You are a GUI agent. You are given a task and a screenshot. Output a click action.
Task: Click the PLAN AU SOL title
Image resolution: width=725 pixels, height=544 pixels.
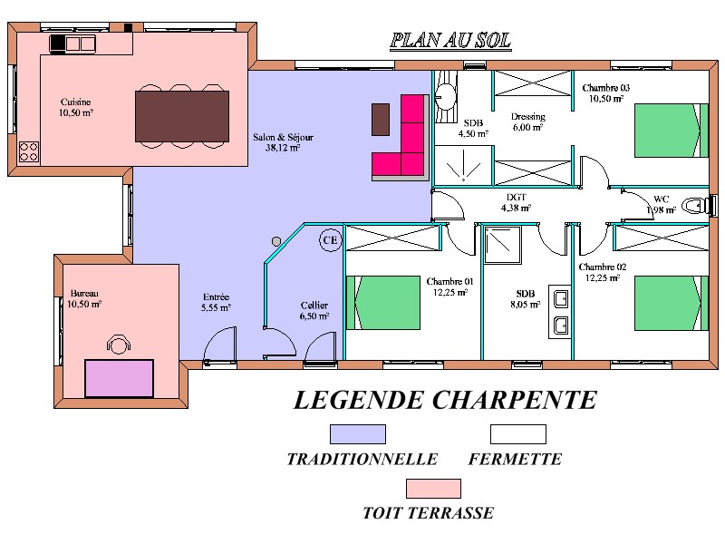tap(450, 41)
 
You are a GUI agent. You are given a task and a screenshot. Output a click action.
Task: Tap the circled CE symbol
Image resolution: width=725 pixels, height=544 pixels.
tap(330, 240)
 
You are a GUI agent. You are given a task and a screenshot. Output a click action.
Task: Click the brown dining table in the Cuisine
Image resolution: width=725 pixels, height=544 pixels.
tap(182, 116)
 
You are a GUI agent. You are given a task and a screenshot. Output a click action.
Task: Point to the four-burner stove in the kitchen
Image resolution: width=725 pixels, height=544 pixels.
tap(29, 152)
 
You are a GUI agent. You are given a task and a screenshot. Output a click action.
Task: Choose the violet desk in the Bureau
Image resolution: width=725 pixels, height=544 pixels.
tap(120, 378)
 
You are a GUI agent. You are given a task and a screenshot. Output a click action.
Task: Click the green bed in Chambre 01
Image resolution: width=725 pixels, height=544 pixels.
tap(383, 303)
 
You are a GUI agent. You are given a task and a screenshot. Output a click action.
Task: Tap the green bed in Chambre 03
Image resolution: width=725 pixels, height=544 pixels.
tap(672, 131)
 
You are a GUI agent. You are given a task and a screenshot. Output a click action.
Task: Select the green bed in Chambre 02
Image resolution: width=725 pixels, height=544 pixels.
tap(672, 303)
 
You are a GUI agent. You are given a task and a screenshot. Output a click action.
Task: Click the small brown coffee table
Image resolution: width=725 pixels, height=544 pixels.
tap(381, 120)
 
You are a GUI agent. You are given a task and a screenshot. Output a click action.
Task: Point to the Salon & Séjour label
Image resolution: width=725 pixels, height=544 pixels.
tap(283, 142)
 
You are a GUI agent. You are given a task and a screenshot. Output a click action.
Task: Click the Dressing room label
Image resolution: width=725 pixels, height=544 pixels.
tap(527, 121)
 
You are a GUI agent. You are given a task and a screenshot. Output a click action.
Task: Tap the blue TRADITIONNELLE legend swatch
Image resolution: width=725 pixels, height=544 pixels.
tap(358, 434)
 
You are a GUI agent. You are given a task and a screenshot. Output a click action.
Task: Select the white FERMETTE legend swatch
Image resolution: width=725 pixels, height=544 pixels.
tap(518, 434)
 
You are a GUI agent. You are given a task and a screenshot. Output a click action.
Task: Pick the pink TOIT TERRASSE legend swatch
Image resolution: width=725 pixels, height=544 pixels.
tap(433, 489)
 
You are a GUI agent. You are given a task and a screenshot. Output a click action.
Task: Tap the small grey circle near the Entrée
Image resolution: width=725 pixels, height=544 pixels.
tap(276, 241)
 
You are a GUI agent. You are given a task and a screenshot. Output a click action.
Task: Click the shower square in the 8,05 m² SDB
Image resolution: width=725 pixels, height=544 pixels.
tap(503, 244)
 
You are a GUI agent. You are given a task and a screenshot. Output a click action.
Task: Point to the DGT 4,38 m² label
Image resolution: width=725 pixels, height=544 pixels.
tap(516, 202)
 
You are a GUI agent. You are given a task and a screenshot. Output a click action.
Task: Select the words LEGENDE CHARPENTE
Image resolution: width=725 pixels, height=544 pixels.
tap(445, 401)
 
